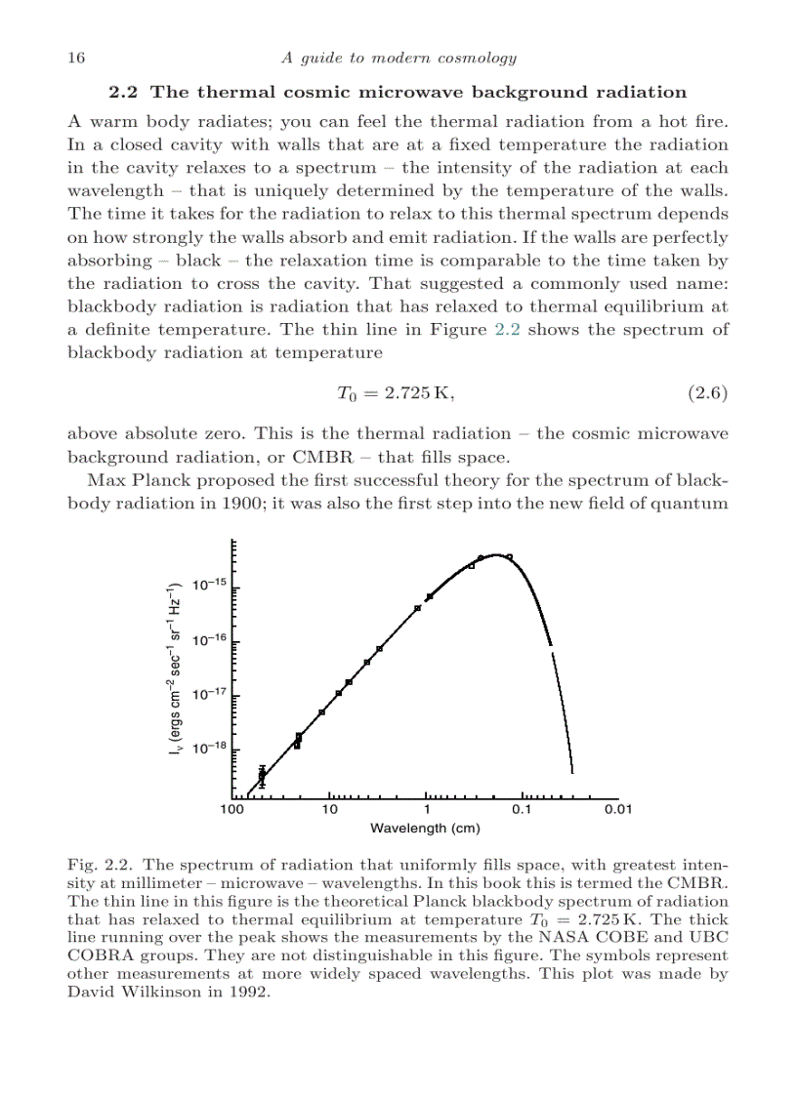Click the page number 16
tap(76, 58)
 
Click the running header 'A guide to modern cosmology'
tap(398, 58)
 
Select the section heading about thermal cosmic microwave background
tap(398, 92)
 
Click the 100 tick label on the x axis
tap(231, 810)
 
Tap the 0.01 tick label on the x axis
tap(618, 810)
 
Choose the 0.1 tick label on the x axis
tap(523, 810)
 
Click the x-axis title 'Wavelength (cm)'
tap(425, 829)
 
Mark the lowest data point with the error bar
tap(262, 775)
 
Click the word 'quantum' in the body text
tap(693, 503)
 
